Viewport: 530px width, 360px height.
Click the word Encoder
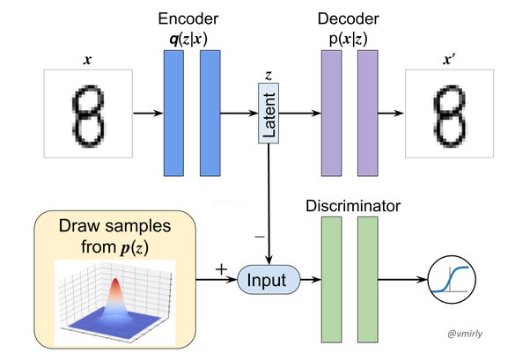pos(188,18)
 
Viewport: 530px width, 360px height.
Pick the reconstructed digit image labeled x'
pos(446,114)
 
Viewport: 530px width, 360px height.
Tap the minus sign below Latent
pos(258,237)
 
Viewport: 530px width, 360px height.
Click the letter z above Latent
pos(268,75)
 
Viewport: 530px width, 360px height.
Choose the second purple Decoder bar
pos(367,114)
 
